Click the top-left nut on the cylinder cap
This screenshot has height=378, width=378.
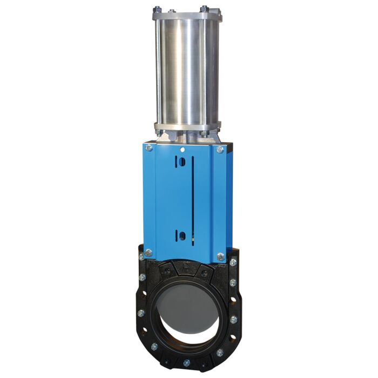157,9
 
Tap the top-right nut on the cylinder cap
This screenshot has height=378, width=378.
205,9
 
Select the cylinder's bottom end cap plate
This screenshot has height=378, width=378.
186,128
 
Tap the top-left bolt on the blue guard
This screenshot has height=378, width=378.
148,147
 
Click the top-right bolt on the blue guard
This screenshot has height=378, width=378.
220,150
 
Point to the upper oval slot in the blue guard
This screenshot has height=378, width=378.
183,162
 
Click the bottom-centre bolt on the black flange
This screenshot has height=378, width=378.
186,362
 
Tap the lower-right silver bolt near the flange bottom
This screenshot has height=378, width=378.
220,353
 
